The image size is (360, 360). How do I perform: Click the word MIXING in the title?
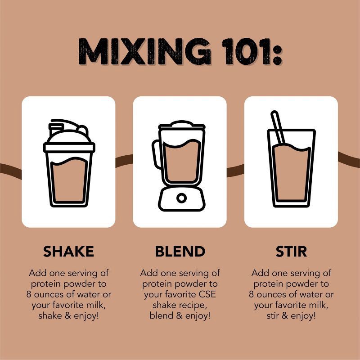(x=144, y=51)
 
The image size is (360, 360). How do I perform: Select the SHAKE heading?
(x=69, y=251)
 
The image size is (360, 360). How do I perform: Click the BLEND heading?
(x=180, y=251)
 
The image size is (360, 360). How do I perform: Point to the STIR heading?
(x=291, y=251)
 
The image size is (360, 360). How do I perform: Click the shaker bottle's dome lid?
(x=69, y=137)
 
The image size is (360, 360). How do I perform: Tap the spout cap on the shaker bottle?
(x=56, y=129)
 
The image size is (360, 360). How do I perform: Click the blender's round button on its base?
(x=181, y=198)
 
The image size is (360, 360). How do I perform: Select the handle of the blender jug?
(x=156, y=154)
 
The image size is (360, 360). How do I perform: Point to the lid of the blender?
(x=182, y=125)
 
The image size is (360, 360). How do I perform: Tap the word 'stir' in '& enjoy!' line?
(x=272, y=316)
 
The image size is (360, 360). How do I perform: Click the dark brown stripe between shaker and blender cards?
(x=124, y=161)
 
